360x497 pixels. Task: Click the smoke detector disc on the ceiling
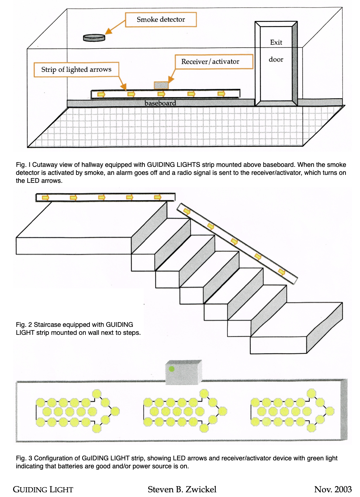click(x=94, y=37)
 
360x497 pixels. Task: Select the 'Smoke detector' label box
click(x=161, y=20)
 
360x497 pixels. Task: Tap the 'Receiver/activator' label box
click(x=214, y=62)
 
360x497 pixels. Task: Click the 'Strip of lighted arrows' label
click(x=76, y=70)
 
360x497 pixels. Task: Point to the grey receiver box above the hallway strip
click(x=161, y=85)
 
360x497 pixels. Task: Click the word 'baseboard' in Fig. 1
click(x=160, y=103)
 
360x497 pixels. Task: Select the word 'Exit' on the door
click(x=276, y=42)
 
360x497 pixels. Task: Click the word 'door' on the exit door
click(x=276, y=59)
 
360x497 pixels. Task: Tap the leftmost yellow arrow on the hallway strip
click(x=101, y=94)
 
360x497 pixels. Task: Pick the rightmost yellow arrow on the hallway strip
click(x=221, y=94)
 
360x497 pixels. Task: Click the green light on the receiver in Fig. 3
click(x=172, y=369)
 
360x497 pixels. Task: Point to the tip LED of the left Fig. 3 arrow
click(x=115, y=411)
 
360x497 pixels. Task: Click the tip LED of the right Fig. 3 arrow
click(x=330, y=411)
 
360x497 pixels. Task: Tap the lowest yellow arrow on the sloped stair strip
click(x=282, y=272)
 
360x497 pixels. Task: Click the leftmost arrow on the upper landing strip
click(x=45, y=197)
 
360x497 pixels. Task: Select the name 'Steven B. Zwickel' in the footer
click(x=182, y=489)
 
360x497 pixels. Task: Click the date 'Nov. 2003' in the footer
click(x=333, y=489)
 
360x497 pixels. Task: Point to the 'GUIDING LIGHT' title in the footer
click(x=43, y=490)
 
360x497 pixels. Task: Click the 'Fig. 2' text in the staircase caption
click(x=24, y=325)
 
